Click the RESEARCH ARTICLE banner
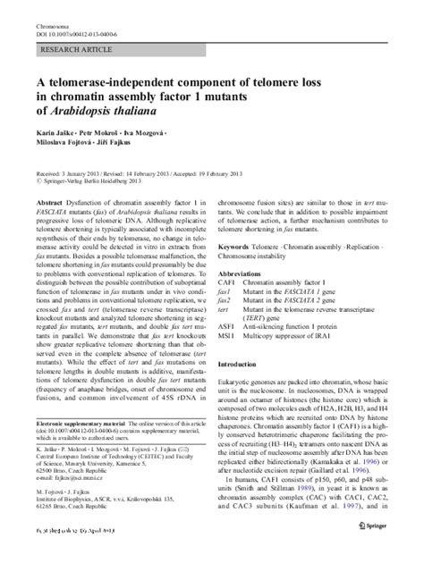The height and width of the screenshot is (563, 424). tap(72, 42)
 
